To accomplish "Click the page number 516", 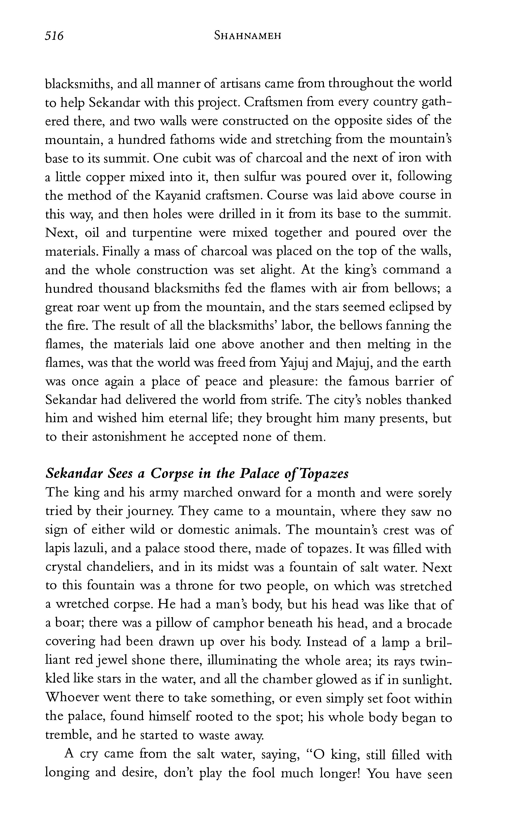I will [54, 36].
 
